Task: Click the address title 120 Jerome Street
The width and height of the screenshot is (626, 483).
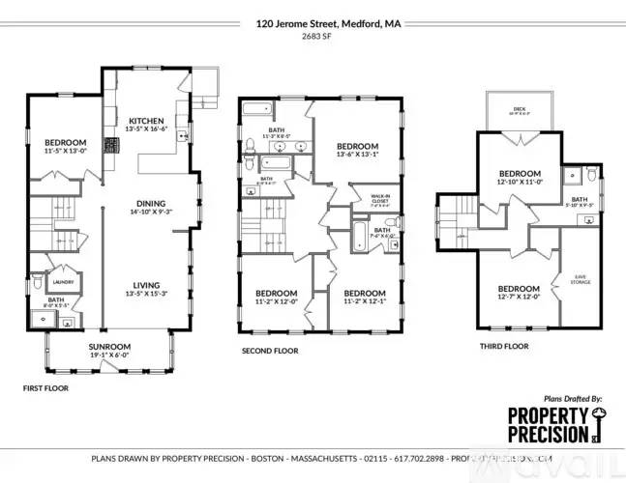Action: (x=313, y=20)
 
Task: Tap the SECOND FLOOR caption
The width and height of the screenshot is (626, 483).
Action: (x=270, y=351)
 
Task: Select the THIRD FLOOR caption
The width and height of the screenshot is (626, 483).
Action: (x=504, y=344)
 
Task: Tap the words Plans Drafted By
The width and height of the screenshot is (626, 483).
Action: (x=573, y=397)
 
